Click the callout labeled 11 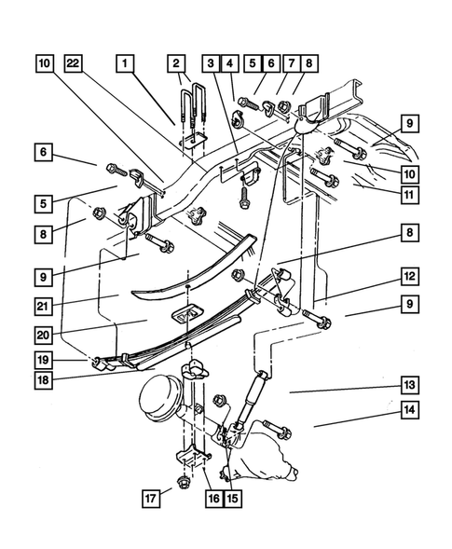pos(407,196)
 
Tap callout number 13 pos(407,385)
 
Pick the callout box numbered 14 pos(407,409)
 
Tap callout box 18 pos(44,380)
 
